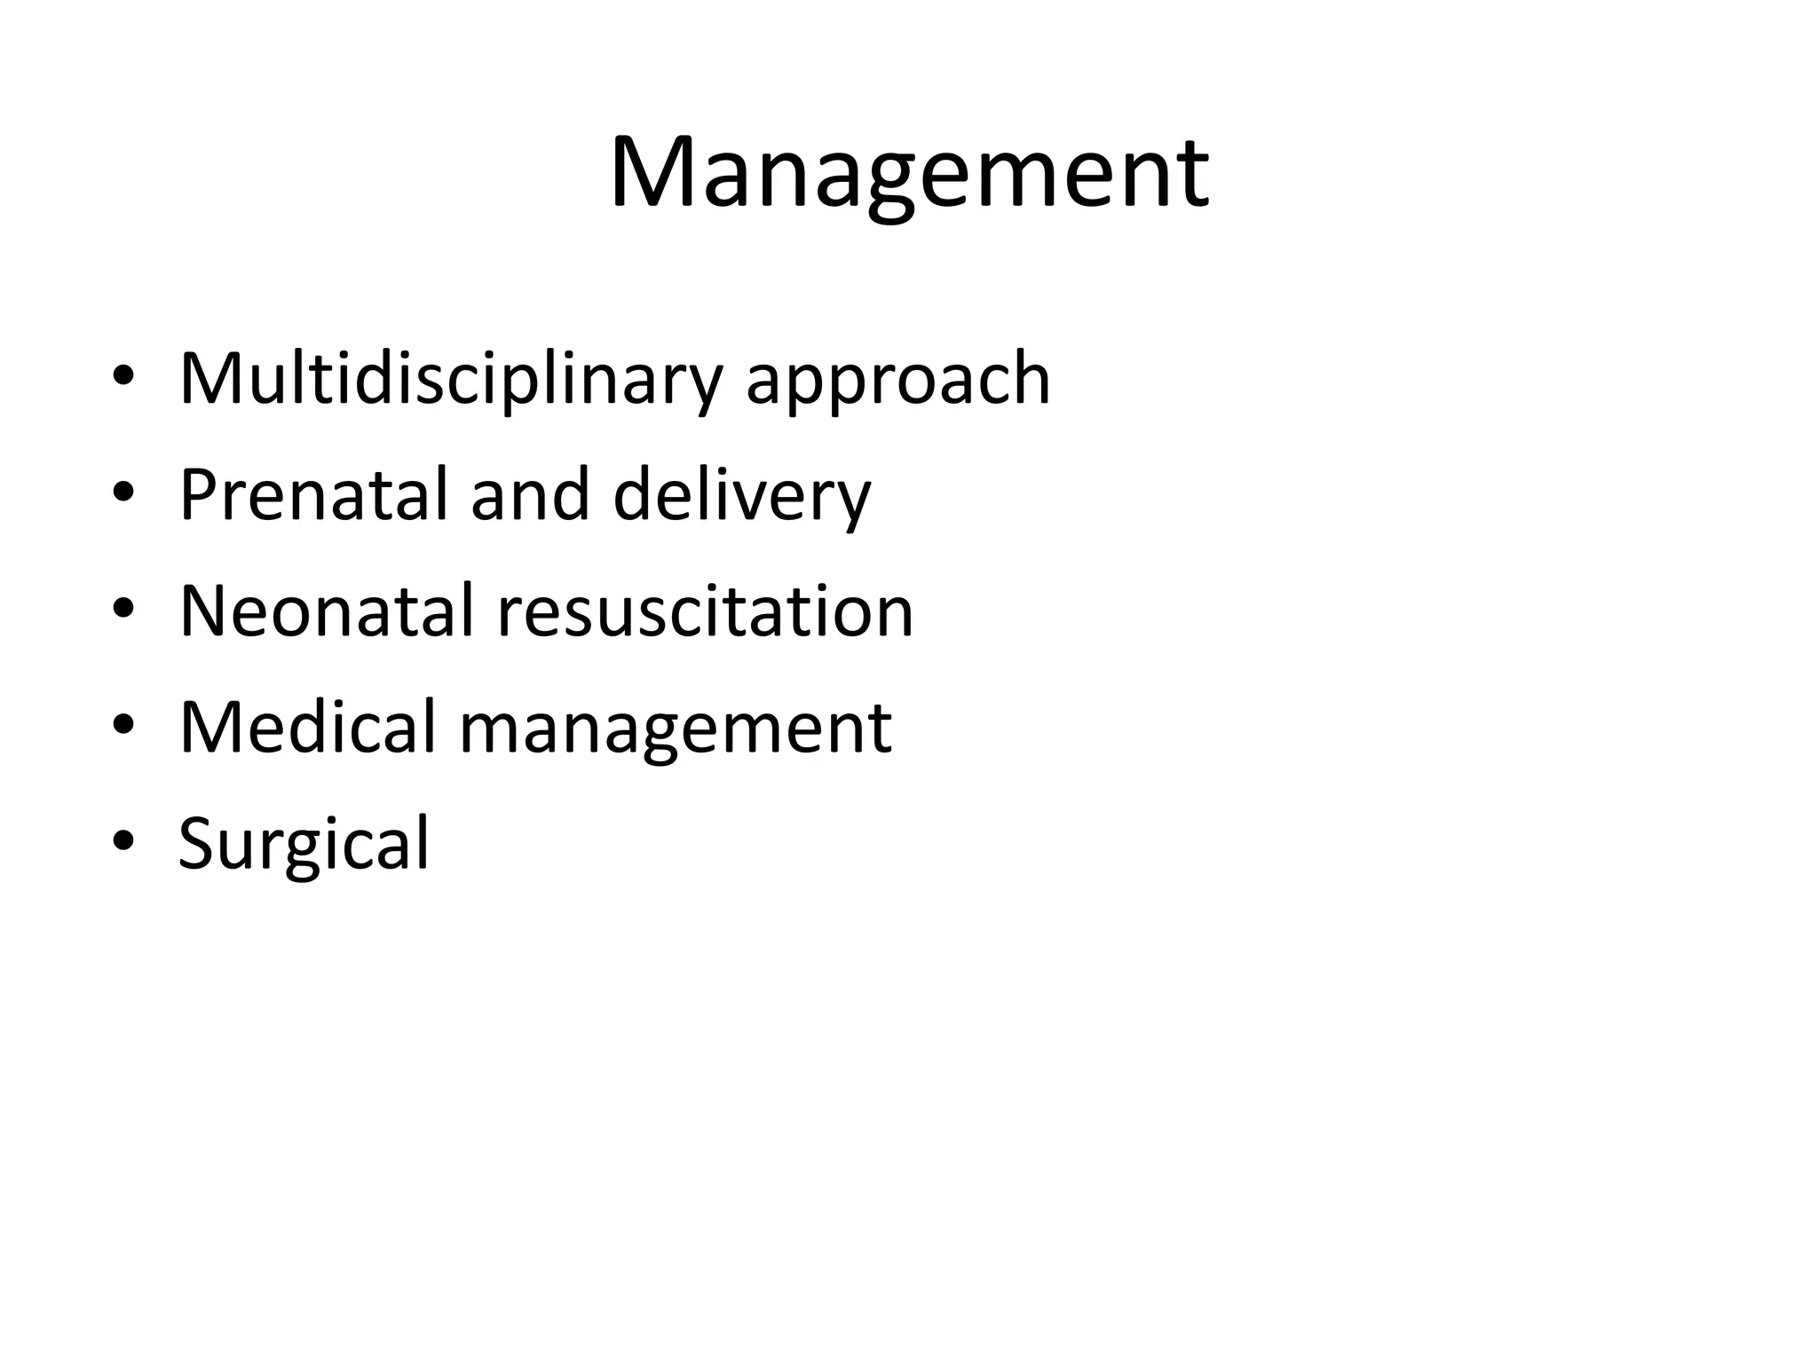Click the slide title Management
click(x=908, y=173)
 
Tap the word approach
click(x=897, y=382)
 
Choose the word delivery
click(x=741, y=497)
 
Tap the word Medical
click(x=307, y=727)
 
